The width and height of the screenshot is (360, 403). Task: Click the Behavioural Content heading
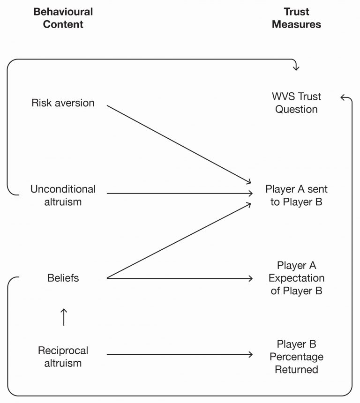[x=63, y=18]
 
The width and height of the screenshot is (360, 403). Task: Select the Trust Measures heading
[x=296, y=18]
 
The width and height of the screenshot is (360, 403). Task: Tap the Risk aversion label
[x=63, y=103]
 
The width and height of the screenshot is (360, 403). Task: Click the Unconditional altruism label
[x=63, y=195]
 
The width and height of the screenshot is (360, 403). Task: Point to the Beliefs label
[x=63, y=278]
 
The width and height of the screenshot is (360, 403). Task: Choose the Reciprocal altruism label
[x=63, y=357]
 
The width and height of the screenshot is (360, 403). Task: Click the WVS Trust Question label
[x=296, y=103]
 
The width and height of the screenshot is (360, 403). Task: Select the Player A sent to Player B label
[x=296, y=196]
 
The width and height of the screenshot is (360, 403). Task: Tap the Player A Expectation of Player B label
[x=296, y=278]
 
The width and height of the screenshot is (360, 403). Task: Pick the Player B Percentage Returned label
[x=296, y=357]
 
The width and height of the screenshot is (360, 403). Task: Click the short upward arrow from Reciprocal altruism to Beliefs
[x=64, y=317]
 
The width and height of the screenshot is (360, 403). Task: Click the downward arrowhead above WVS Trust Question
[x=296, y=67]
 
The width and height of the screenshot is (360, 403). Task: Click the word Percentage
[x=296, y=357]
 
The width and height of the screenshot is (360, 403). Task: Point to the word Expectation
[x=296, y=278]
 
